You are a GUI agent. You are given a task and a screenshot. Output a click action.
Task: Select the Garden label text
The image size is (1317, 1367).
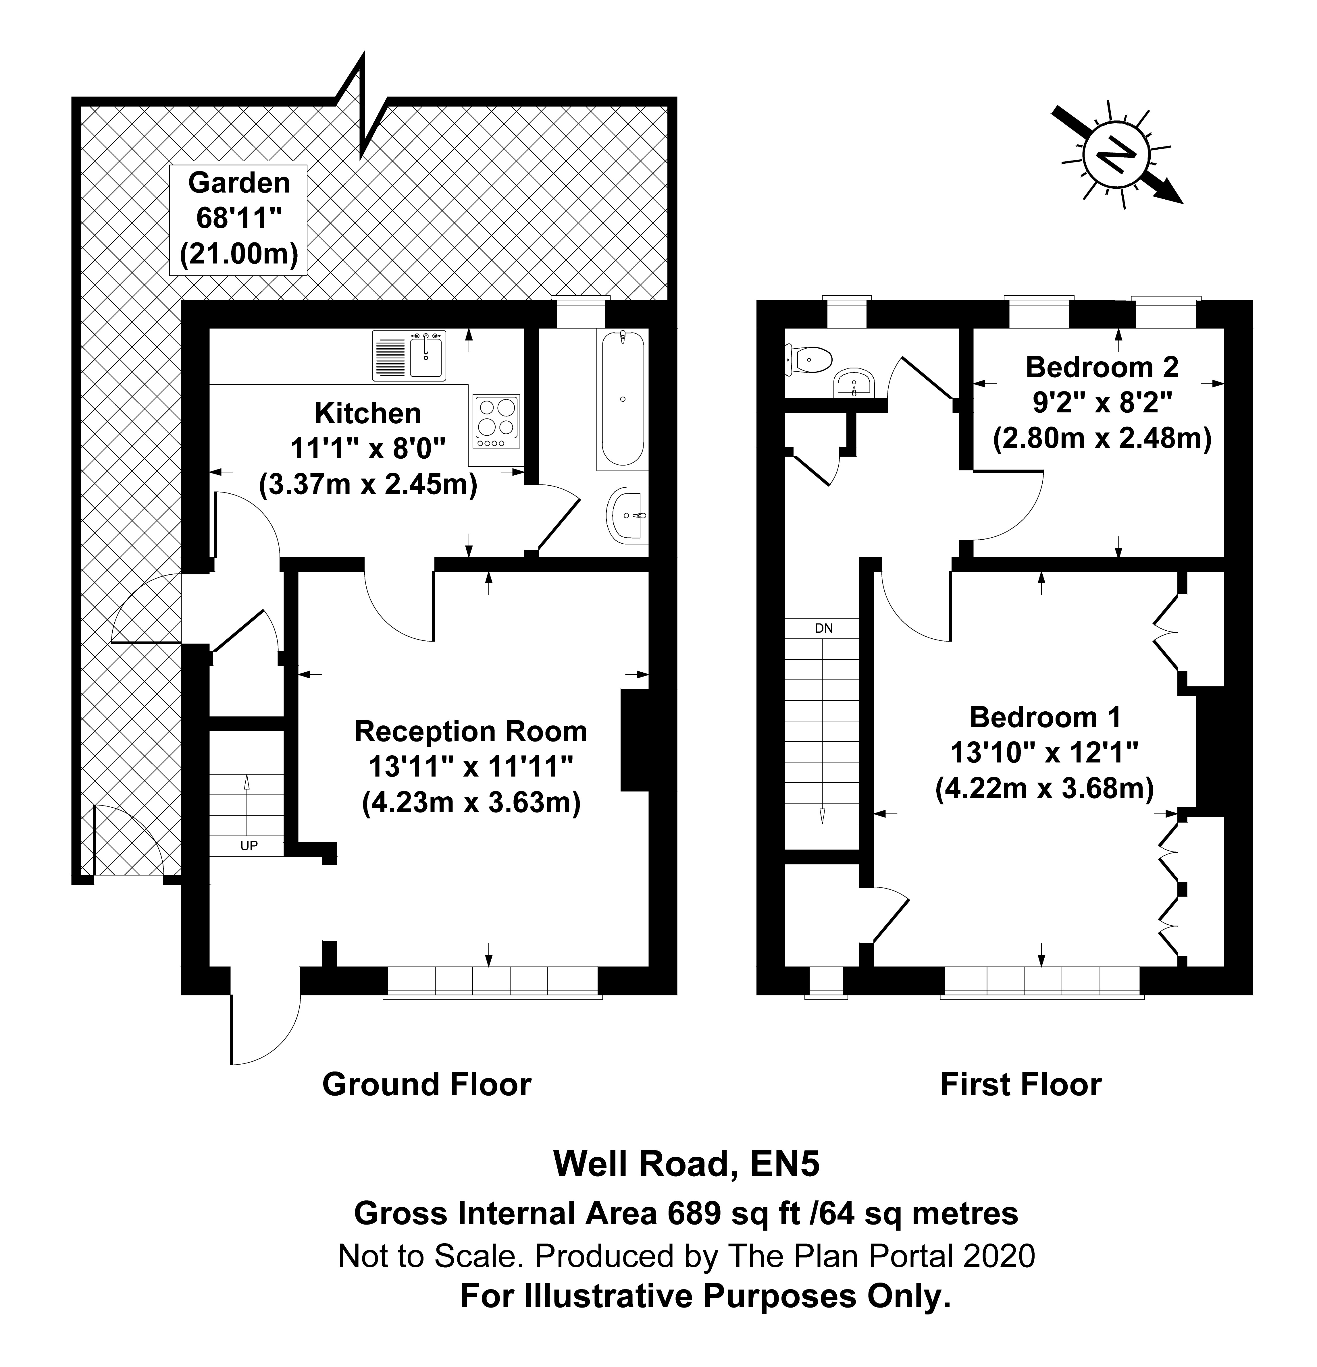[239, 183]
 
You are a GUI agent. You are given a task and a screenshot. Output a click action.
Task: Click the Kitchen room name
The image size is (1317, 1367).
[368, 413]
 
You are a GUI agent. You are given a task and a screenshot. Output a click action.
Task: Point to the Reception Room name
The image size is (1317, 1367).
[471, 731]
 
